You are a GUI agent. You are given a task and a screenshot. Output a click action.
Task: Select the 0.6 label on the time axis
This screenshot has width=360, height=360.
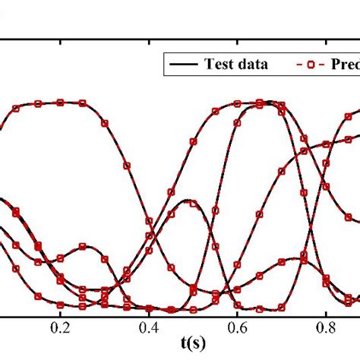click(x=238, y=327)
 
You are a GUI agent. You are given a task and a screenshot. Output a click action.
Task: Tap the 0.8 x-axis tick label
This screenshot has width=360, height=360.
click(x=326, y=327)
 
